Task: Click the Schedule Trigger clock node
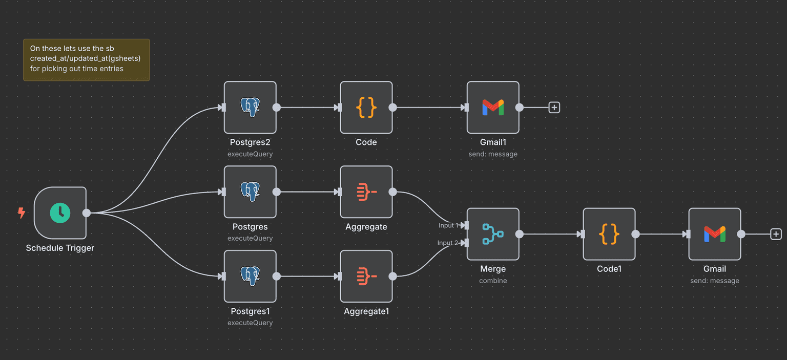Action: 60,213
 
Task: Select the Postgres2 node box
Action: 250,108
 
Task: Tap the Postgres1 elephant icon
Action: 250,276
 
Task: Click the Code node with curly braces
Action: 366,108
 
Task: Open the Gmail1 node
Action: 493,108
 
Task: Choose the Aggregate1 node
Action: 366,276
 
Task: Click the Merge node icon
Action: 493,234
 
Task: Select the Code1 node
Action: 609,234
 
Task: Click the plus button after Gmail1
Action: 554,108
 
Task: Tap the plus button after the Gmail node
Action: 776,234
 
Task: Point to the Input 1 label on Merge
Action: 448,225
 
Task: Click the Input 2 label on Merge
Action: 448,243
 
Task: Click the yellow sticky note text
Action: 85,58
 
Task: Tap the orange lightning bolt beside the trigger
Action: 22,213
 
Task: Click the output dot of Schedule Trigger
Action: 87,213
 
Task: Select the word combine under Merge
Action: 493,281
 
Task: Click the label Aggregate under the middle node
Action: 366,227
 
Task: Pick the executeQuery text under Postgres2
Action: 250,154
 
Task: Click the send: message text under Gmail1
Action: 493,154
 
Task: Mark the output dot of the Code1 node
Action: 635,234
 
